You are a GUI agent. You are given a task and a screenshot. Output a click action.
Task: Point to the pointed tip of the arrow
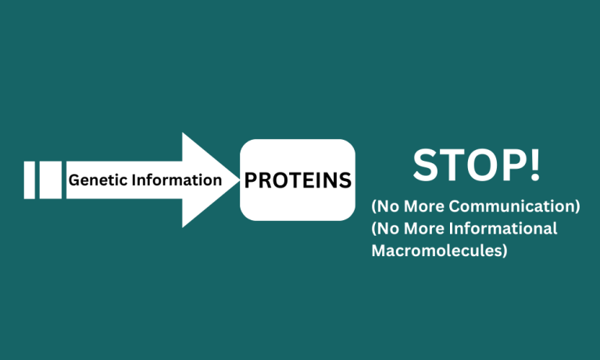coord(239,180)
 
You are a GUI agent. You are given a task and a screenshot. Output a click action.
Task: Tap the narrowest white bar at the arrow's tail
coord(30,180)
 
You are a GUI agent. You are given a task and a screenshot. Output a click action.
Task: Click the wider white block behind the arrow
coord(51,180)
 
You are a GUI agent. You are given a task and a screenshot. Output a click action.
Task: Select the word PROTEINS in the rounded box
coord(298,180)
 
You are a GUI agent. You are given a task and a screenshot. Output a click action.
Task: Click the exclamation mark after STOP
coord(534,166)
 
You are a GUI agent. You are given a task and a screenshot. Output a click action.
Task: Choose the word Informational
coord(503,228)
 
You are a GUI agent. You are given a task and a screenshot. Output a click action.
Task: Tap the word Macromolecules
coord(436,251)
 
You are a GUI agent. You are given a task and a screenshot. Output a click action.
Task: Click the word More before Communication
coord(424,206)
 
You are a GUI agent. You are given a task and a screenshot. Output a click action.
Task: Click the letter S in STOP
coord(425,166)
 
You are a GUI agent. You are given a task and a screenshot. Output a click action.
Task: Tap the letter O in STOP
coord(480,166)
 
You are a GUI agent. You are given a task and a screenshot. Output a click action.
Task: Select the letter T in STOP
coord(450,166)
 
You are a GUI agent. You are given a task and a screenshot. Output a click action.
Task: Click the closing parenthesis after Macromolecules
coord(505,251)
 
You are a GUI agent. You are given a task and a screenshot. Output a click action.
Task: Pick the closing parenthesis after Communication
coord(577,207)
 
